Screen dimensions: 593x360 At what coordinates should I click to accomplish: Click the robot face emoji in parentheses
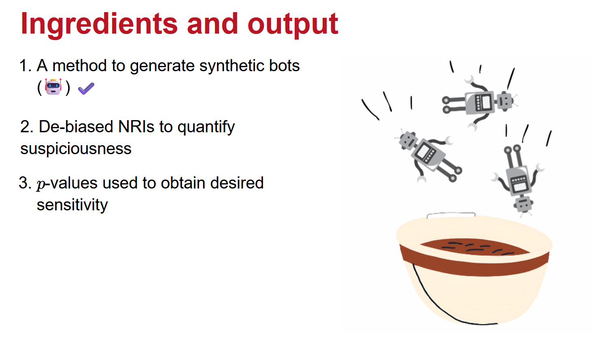[53, 87]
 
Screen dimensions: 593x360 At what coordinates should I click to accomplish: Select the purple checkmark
[86, 88]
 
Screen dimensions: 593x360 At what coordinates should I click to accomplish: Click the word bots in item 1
[284, 66]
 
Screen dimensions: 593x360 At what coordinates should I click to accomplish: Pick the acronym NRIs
[136, 127]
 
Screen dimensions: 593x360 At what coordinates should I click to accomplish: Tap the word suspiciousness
[76, 149]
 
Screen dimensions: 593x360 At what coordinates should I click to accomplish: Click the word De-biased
[76, 127]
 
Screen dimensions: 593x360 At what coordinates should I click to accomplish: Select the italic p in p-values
[41, 184]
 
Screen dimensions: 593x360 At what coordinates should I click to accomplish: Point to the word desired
[237, 183]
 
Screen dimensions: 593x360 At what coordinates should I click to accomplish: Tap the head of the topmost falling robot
[505, 101]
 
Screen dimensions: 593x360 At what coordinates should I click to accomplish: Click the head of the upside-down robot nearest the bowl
[523, 204]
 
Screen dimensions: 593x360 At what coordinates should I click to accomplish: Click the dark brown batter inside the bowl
[474, 247]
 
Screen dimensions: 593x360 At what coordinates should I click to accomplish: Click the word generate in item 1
[162, 66]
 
